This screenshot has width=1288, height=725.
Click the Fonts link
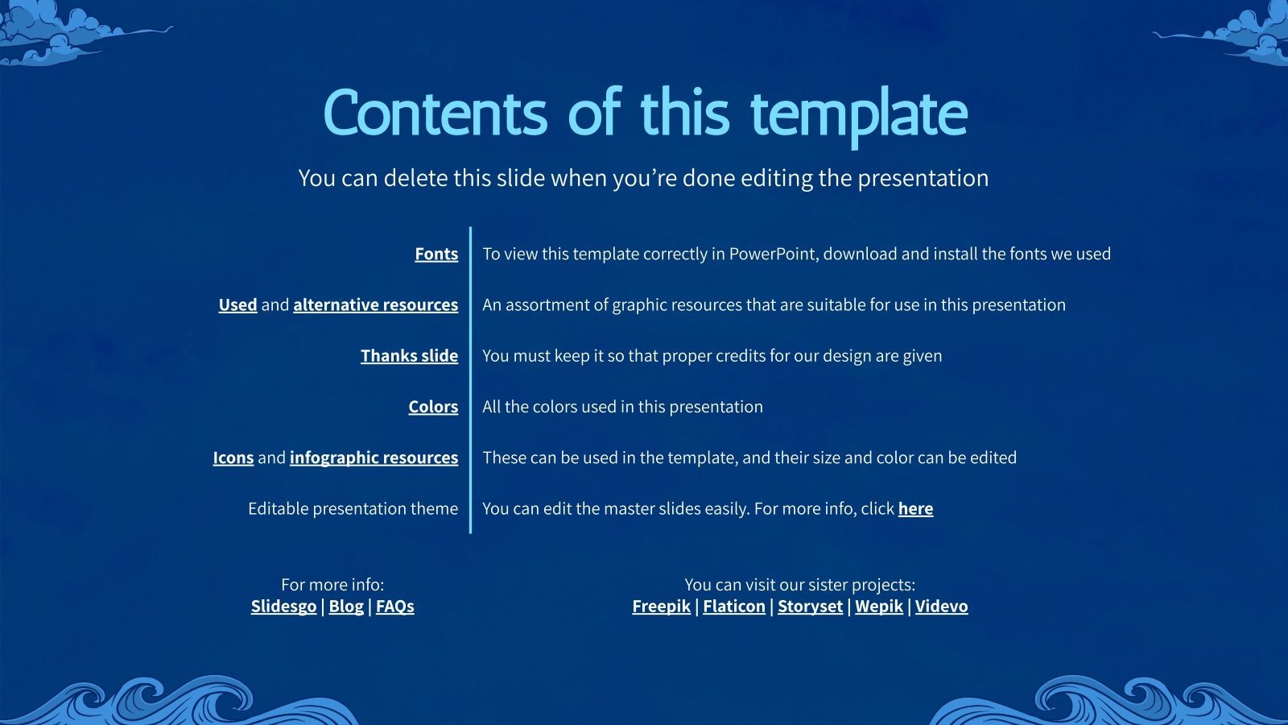click(x=436, y=254)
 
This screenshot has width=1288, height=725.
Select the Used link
click(x=237, y=304)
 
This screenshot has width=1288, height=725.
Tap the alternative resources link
click(x=375, y=304)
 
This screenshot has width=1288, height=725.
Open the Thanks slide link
click(x=409, y=355)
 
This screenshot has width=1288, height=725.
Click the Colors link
click(x=433, y=407)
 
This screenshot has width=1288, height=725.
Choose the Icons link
click(x=233, y=458)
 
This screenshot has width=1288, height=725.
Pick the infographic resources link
click(x=374, y=458)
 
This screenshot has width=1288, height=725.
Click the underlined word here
click(x=915, y=508)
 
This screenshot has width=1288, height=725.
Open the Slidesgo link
click(x=283, y=606)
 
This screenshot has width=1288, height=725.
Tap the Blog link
click(x=346, y=606)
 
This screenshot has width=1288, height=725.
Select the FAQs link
click(x=394, y=606)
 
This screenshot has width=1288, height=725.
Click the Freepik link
click(x=661, y=606)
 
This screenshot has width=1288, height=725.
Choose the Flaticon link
click(x=733, y=606)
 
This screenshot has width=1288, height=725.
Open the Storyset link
click(x=810, y=606)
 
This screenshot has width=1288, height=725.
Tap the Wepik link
click(x=878, y=606)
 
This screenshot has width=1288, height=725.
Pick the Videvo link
click(x=941, y=606)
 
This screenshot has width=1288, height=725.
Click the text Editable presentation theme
click(x=353, y=508)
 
